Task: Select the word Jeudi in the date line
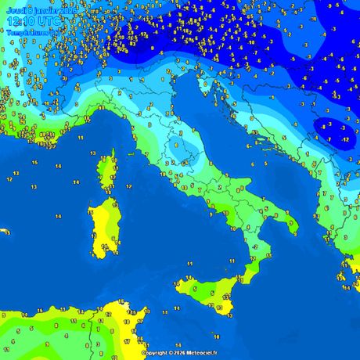pos(15,9)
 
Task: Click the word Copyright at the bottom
pos(157,353)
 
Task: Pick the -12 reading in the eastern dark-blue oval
pos(346,139)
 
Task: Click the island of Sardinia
pos(102,227)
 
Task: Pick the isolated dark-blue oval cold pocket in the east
pos(333,133)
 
